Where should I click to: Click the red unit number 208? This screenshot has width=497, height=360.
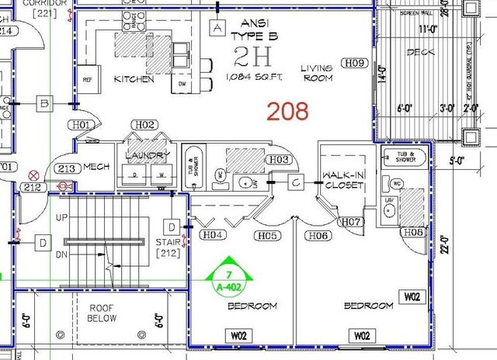[288, 111]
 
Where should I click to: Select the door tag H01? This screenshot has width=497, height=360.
[83, 125]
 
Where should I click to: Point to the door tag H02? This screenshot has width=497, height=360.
[144, 125]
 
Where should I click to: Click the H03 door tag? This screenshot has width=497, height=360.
[280, 160]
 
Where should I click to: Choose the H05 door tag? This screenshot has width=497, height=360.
[268, 235]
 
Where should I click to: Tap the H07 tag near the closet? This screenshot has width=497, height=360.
[352, 223]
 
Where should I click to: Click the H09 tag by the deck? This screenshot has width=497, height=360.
[356, 63]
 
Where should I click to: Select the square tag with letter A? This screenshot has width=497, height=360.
[217, 28]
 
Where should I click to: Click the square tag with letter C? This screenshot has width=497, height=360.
[297, 183]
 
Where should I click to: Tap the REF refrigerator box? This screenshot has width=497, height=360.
[87, 78]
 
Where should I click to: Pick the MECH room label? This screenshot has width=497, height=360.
[97, 167]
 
